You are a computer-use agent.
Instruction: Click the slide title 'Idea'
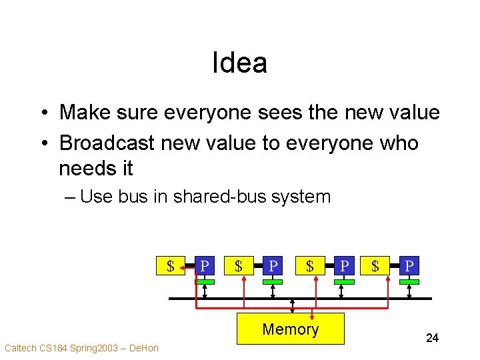click(x=239, y=63)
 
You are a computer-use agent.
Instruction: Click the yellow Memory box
click(x=291, y=329)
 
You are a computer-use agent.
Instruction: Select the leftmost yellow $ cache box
click(x=171, y=267)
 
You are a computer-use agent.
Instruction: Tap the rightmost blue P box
click(x=409, y=267)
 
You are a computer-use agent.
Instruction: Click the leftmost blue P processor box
click(x=205, y=267)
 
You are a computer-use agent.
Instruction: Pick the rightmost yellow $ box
click(x=375, y=267)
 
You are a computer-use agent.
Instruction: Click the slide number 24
click(x=432, y=338)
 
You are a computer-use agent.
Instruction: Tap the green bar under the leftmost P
click(x=205, y=282)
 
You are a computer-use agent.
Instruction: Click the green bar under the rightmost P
click(x=409, y=282)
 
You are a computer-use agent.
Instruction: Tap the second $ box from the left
click(x=238, y=267)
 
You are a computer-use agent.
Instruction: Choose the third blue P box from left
click(x=343, y=267)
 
